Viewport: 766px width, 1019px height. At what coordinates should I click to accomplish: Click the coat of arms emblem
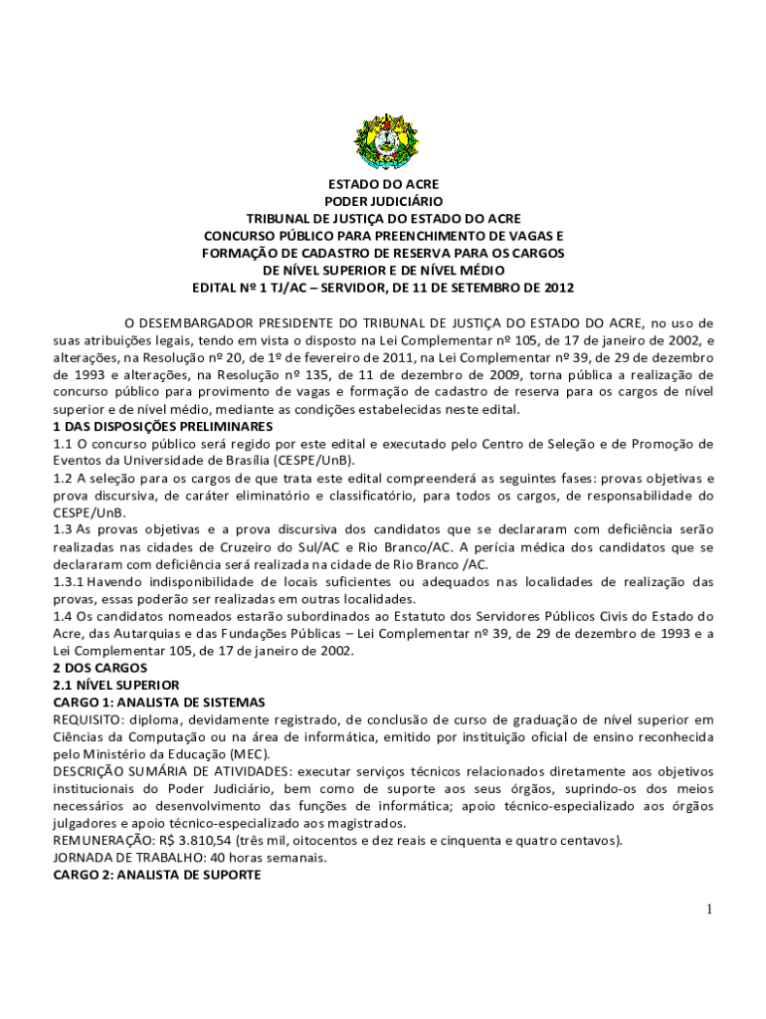click(383, 141)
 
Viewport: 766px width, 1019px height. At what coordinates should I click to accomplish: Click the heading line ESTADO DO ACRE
click(383, 184)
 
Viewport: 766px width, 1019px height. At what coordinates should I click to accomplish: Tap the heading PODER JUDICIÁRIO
click(383, 201)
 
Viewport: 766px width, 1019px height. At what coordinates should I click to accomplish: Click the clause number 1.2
click(63, 478)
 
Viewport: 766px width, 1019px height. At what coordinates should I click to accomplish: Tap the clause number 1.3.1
click(69, 581)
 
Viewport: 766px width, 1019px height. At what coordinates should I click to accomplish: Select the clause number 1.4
click(63, 616)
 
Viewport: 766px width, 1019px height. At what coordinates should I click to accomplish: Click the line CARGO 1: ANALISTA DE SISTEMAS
click(159, 703)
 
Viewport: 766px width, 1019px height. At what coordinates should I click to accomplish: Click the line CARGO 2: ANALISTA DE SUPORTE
click(156, 875)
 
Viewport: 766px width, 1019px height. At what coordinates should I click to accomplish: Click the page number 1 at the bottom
click(709, 910)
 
